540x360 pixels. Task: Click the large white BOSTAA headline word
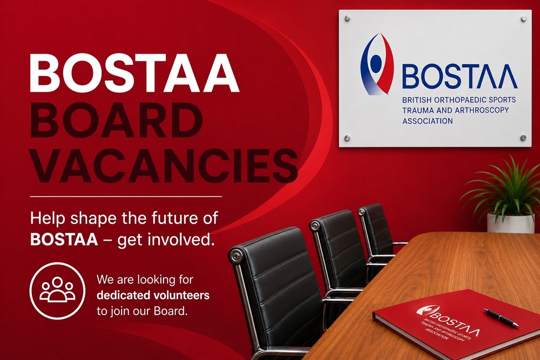coord(134,73)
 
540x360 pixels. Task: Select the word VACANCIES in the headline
coord(164,165)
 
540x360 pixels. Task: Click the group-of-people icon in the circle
coord(57,290)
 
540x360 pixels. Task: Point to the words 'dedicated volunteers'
coord(153,295)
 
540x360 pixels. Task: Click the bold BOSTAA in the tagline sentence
coord(64,240)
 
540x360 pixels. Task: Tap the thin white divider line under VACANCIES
coord(126,196)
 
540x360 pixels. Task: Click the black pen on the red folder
coord(501,317)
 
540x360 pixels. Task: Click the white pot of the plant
coord(510,223)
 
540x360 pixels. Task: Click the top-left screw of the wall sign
coord(347,18)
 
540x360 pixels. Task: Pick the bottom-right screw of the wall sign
coord(523,138)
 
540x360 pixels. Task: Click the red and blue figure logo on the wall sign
coord(377,64)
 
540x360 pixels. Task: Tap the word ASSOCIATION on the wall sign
coord(427,121)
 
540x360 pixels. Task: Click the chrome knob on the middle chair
coord(315,226)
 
